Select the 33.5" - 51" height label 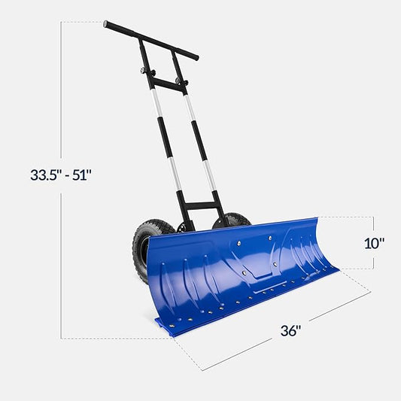tap(61, 175)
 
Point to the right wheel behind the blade tap(233, 220)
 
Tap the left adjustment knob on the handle tap(144, 73)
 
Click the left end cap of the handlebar tap(107, 24)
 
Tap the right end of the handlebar tap(196, 56)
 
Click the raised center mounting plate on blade tap(252, 256)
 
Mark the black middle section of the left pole tap(165, 147)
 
